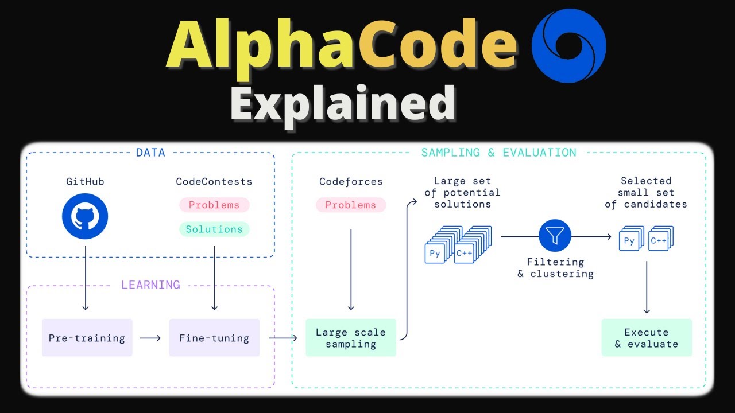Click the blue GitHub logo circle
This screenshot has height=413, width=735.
(x=85, y=216)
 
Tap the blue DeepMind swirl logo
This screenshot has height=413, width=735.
(x=568, y=46)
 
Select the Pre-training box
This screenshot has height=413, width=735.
(x=87, y=338)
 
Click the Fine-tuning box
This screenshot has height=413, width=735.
(x=214, y=338)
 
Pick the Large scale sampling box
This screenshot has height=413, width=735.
(x=350, y=338)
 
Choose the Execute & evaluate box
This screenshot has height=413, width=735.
(x=647, y=338)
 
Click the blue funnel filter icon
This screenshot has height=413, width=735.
(x=555, y=236)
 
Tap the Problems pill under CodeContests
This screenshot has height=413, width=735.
(x=214, y=205)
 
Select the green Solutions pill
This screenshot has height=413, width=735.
(x=214, y=229)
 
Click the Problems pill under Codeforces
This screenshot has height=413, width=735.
(x=350, y=205)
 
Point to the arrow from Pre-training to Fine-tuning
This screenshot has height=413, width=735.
(x=150, y=338)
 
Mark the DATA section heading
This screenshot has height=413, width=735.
(x=150, y=153)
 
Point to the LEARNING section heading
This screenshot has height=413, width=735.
(x=150, y=285)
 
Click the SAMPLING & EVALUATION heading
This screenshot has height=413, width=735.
(x=498, y=153)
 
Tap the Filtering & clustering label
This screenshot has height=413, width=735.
(x=555, y=268)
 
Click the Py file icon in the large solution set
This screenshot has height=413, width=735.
(x=435, y=253)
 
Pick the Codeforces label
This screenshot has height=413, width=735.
(x=350, y=181)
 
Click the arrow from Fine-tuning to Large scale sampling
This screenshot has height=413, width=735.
(x=283, y=338)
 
